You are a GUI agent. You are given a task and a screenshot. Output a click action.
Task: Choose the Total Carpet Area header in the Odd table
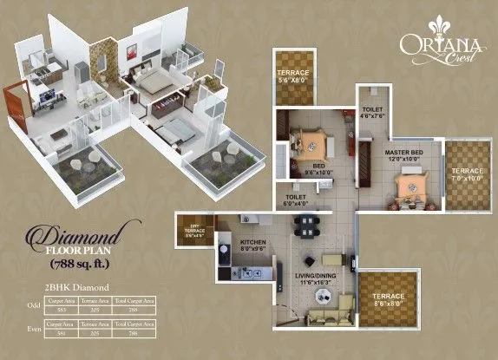(x=121, y=300)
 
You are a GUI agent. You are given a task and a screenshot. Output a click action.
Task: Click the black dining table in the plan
(x=305, y=226)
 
